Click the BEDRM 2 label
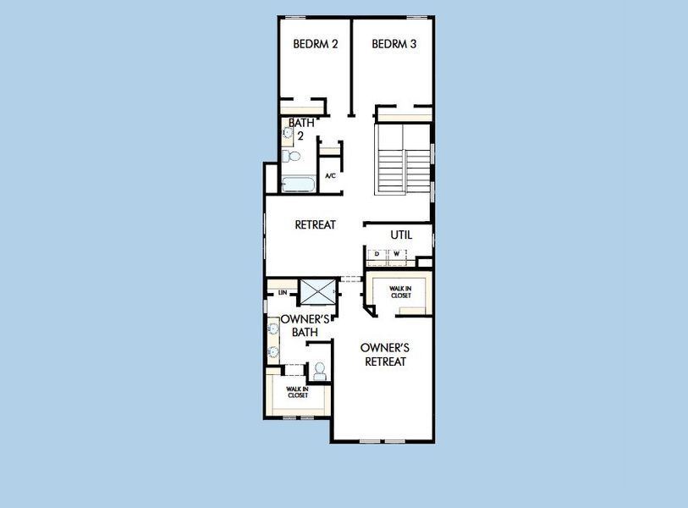tap(316, 44)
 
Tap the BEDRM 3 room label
tap(394, 44)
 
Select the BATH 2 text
tap(303, 129)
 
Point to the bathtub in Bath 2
tap(298, 183)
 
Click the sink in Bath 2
tap(287, 132)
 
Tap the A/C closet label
tap(331, 176)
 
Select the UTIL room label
tap(401, 235)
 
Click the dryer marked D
tap(377, 254)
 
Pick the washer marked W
tap(395, 254)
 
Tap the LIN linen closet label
tap(281, 294)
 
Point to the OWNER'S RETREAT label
tap(385, 355)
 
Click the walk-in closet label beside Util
tap(400, 292)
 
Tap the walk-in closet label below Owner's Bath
tap(297, 392)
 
